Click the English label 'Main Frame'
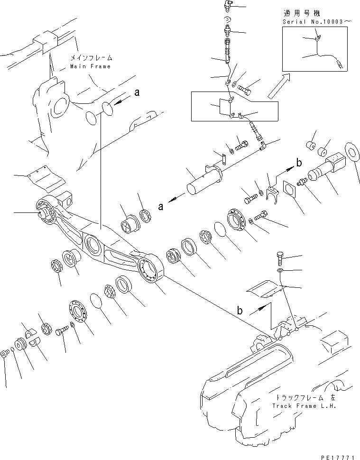pos(90,66)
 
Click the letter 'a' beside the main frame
pos(137,93)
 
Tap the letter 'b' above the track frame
pos(240,311)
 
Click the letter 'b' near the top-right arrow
pos(299,163)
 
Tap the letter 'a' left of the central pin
pos(161,206)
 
